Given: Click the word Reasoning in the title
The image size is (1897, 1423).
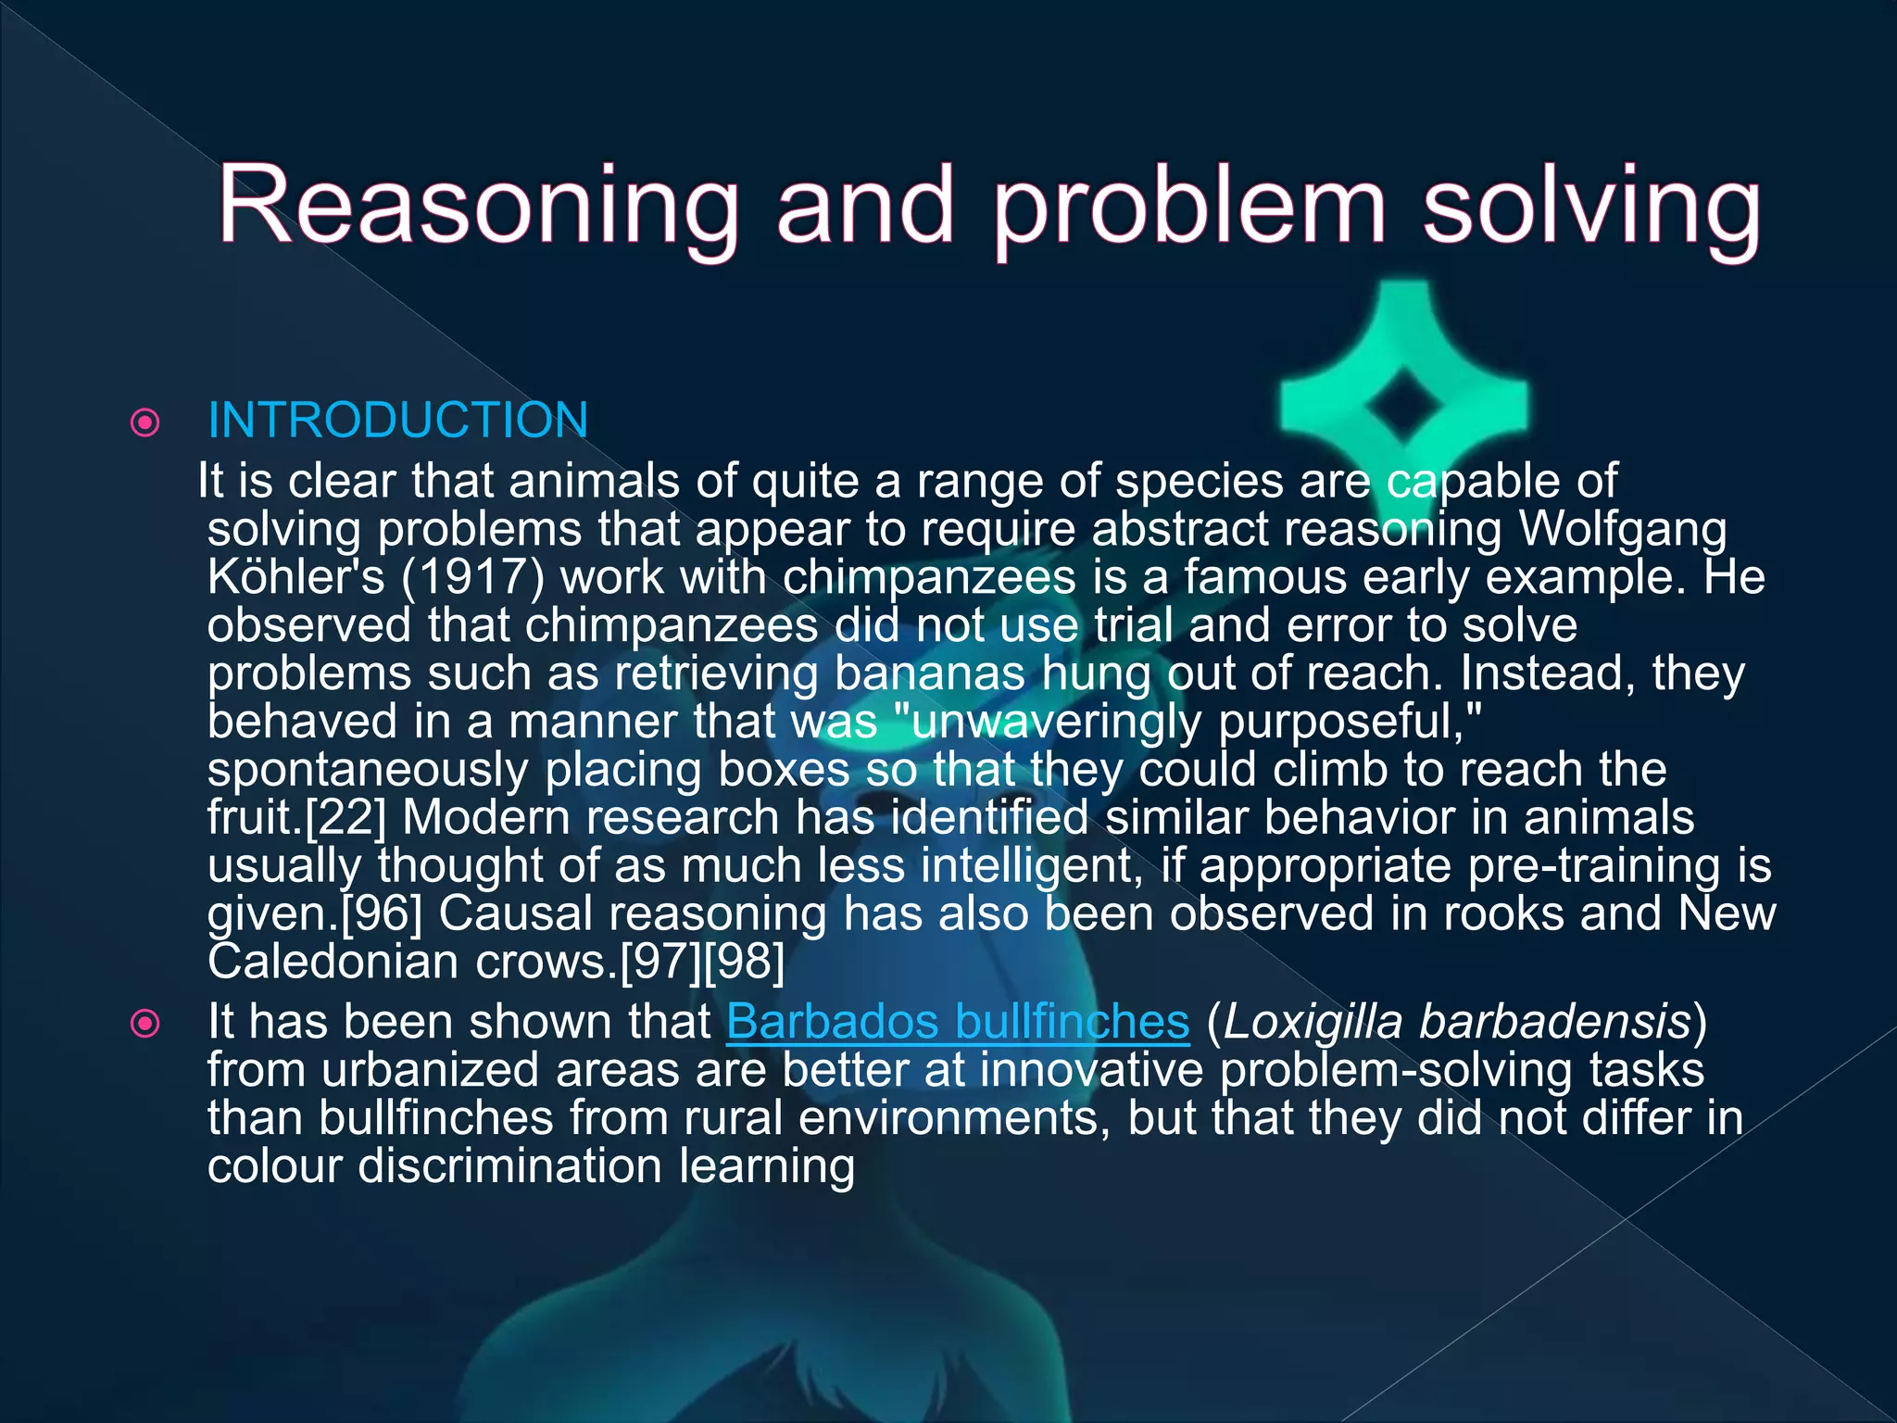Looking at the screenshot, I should [x=477, y=206].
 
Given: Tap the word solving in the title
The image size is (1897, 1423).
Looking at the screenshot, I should [x=1590, y=206].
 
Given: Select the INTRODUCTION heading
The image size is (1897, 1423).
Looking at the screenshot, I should [x=398, y=421].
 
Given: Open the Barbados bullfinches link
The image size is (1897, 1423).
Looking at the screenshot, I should [x=957, y=1023].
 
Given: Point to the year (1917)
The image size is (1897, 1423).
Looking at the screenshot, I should [x=472, y=578].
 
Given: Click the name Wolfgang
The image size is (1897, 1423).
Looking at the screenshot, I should [x=1623, y=530].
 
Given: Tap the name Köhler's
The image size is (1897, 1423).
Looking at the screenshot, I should [x=295, y=578].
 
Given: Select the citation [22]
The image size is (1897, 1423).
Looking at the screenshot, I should [x=345, y=819].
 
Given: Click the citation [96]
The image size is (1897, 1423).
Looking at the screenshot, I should [x=382, y=914].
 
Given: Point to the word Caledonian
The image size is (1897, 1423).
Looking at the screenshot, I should [x=333, y=963].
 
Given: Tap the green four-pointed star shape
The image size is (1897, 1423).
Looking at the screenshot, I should [x=1403, y=406].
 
